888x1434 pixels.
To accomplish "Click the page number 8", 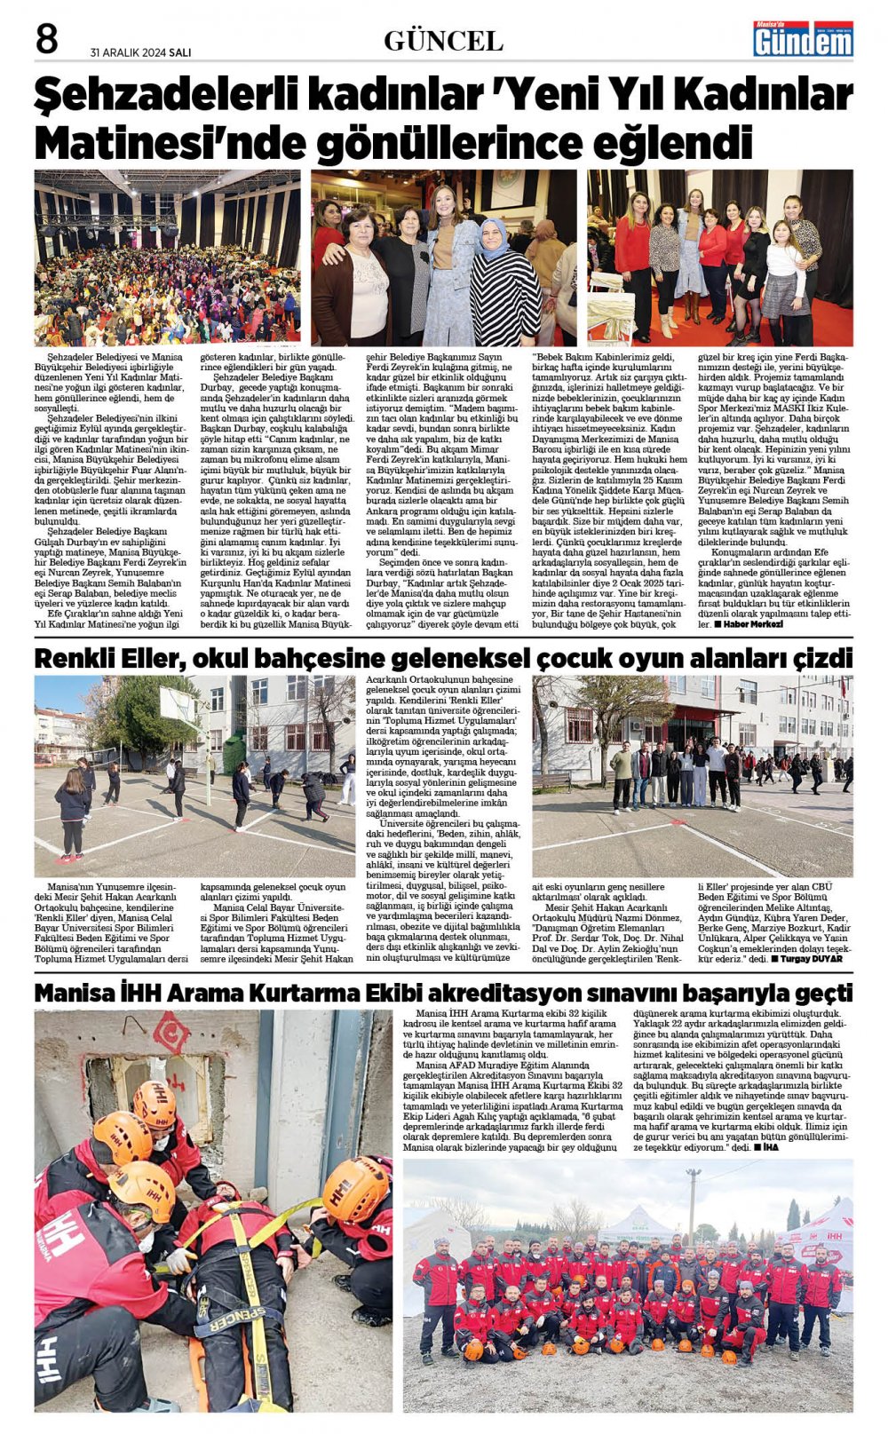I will point(47,41).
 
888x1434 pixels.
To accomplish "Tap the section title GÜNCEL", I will point(443,41).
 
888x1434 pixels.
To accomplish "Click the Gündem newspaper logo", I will point(803,39).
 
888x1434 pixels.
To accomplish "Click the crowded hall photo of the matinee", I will point(168,257).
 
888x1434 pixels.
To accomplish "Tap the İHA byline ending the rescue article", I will point(774,1147).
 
